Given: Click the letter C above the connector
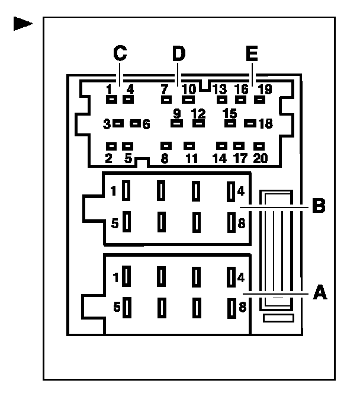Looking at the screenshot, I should coord(120,53).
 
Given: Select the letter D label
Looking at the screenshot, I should coord(178,53).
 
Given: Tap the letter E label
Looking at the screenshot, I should coord(252,54).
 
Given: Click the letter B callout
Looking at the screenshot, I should coord(318,207).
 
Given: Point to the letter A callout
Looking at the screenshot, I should coord(319,292).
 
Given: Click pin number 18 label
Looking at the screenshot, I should coord(265,124).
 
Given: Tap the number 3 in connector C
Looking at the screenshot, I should coord(107,124).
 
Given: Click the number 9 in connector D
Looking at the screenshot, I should coord(176,113).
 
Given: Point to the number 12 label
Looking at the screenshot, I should coord(198,113).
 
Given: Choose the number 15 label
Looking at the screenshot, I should coord(230,113).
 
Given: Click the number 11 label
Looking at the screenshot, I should coord(191,158).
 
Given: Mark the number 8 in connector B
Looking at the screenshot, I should coord(242,223).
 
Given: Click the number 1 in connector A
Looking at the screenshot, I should coord(115,277).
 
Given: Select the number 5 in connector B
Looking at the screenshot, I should coord(115,223).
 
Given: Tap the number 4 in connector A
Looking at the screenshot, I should coord(242,277).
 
